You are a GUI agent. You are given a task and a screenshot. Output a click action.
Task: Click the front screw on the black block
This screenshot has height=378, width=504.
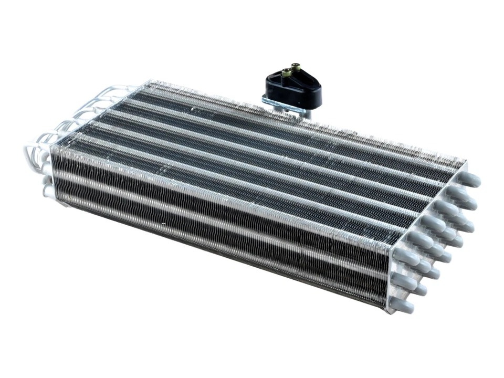[x=286, y=72]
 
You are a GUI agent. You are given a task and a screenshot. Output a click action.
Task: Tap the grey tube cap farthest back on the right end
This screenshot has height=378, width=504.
[x=471, y=180]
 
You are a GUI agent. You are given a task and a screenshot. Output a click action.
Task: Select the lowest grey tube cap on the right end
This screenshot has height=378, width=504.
[x=403, y=306]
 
